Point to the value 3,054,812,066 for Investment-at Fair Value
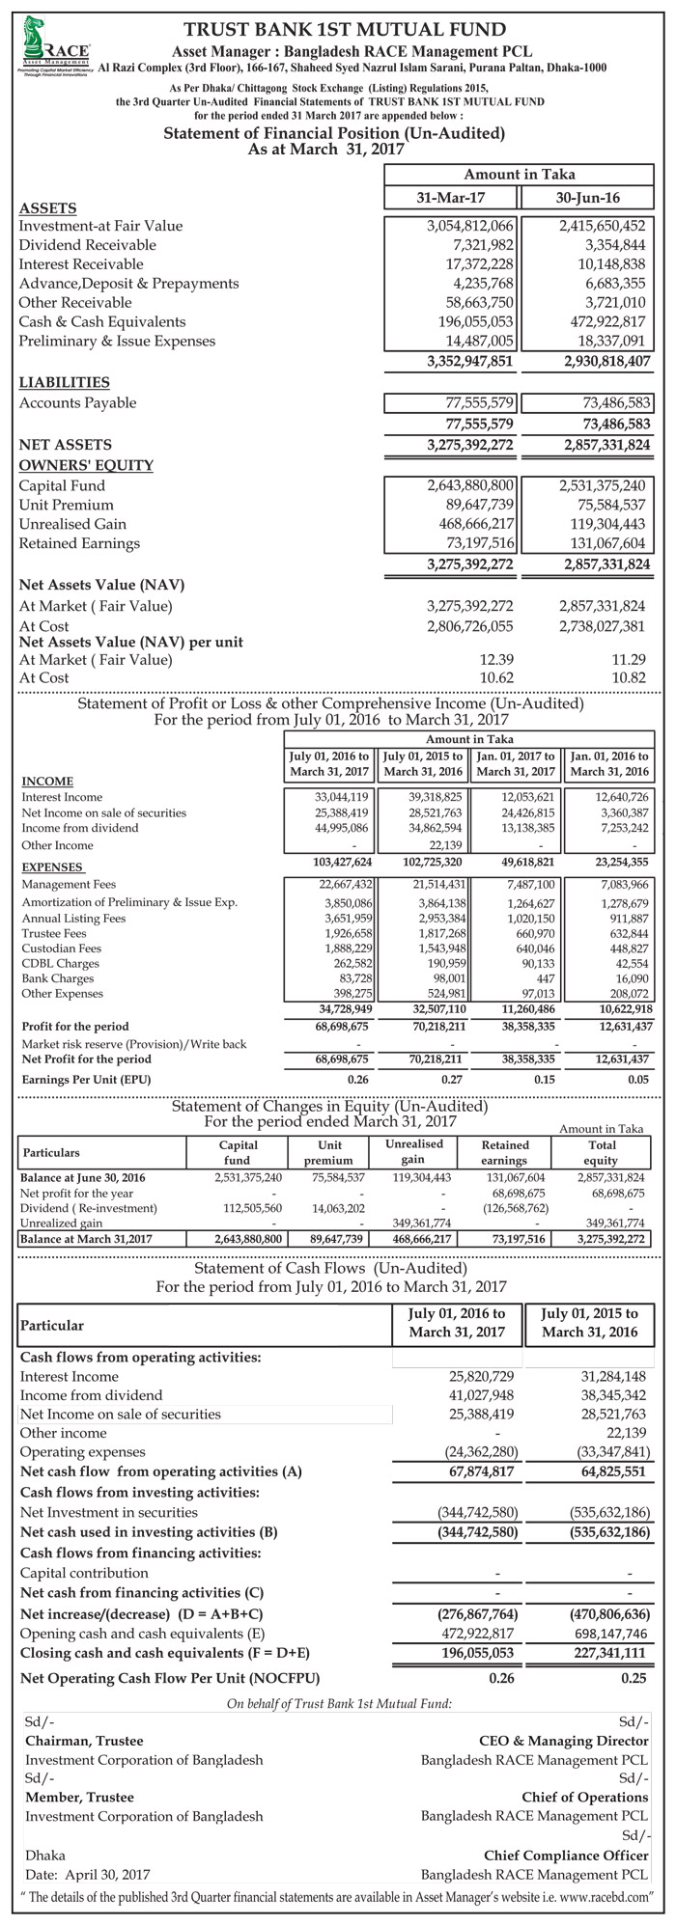point(471,226)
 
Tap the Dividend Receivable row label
point(88,245)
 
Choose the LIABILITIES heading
point(64,383)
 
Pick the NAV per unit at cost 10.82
point(629,679)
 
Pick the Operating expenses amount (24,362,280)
point(472,1451)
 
